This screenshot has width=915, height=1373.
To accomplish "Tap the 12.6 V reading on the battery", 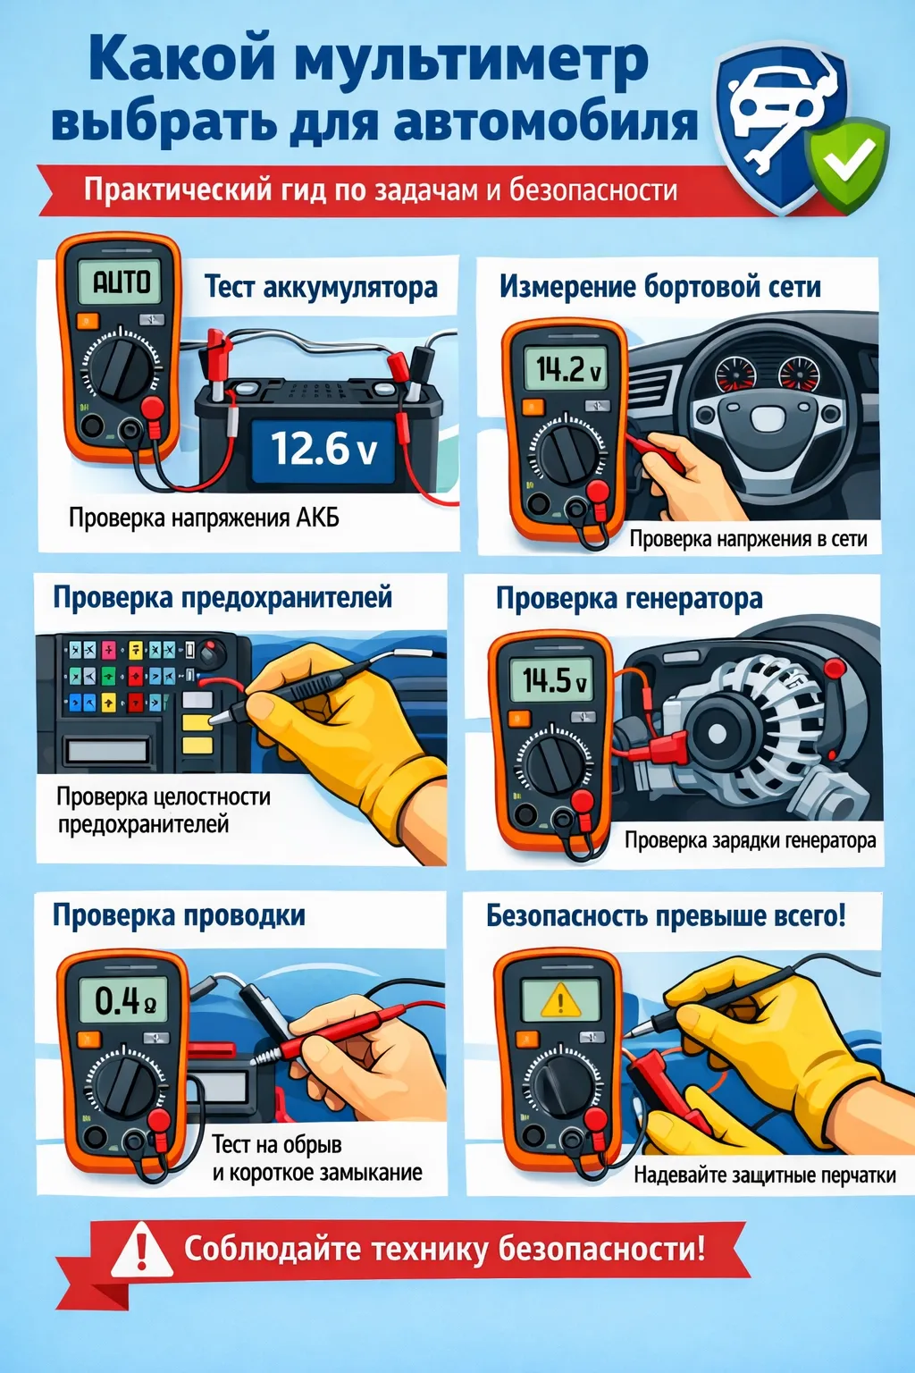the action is tap(323, 449).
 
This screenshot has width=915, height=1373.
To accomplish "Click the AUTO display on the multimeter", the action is tap(122, 282).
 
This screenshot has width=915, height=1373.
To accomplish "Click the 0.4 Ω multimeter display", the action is tap(125, 999).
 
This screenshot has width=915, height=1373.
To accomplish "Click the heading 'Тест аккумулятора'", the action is tap(321, 287).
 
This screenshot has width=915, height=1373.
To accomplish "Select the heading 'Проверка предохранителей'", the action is tap(222, 597).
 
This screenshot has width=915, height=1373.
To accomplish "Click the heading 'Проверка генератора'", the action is tap(629, 598).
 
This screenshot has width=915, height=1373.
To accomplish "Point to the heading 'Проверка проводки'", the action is tap(179, 915).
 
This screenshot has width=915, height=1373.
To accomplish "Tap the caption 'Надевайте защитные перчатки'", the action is tap(765, 1175).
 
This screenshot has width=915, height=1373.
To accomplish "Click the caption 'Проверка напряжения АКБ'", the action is tap(204, 518).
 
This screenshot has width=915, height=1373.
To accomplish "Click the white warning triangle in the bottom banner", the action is tap(141, 1249).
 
